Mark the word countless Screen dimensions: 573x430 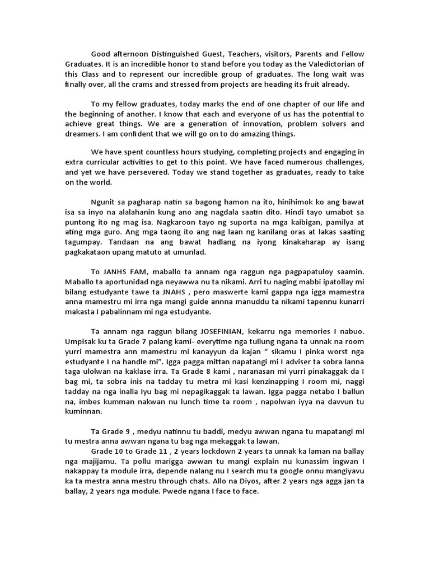point(163,152)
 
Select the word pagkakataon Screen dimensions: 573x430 point(91,252)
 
